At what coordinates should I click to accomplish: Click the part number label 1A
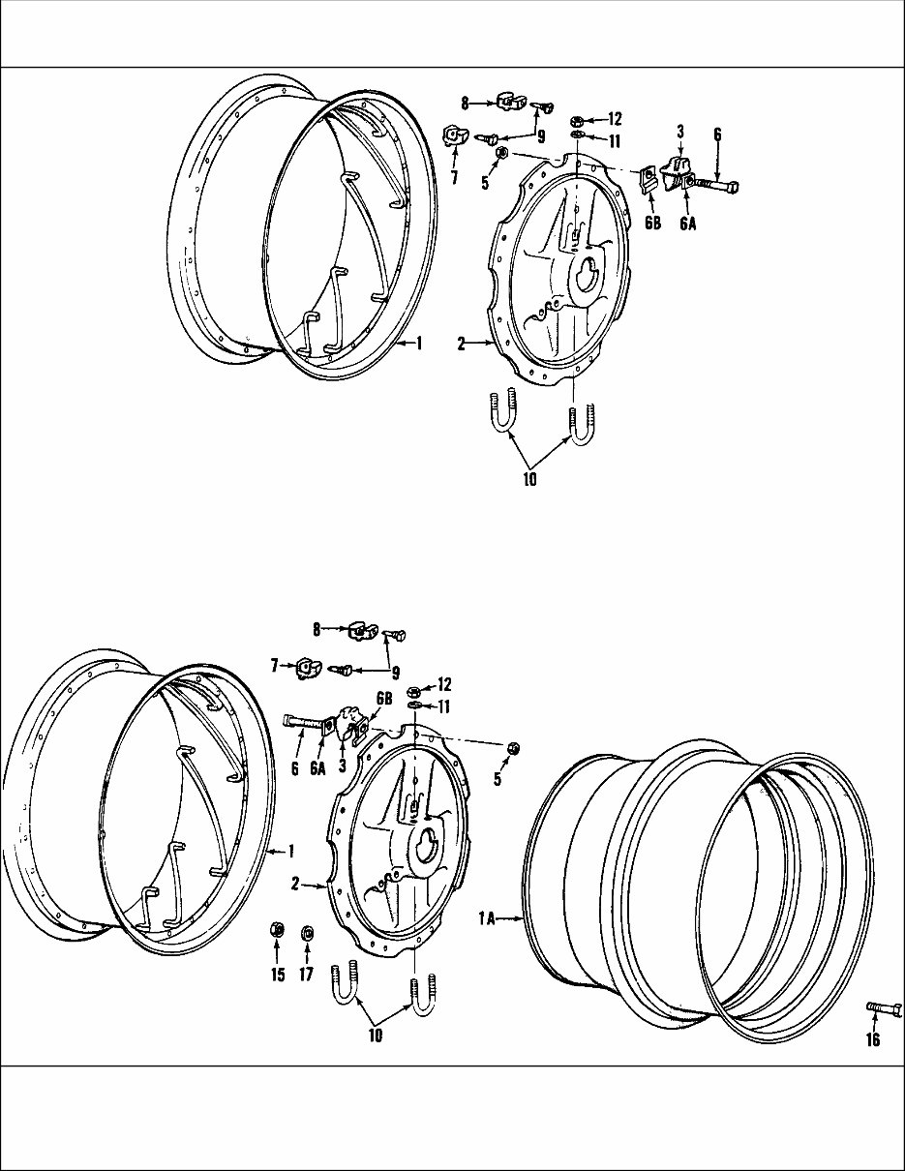486,920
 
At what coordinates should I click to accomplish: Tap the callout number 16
872,1040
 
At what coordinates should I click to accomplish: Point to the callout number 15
278,975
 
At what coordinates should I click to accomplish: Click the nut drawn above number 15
276,931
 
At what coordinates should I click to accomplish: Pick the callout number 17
306,975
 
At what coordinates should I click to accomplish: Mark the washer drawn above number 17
307,933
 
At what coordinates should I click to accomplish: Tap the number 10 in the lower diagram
375,1035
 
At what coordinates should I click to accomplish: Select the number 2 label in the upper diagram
462,343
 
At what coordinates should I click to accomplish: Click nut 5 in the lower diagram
514,748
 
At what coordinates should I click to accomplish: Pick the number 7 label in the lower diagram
274,665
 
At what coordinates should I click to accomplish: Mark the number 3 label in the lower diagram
342,765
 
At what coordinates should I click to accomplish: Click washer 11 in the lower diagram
413,706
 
